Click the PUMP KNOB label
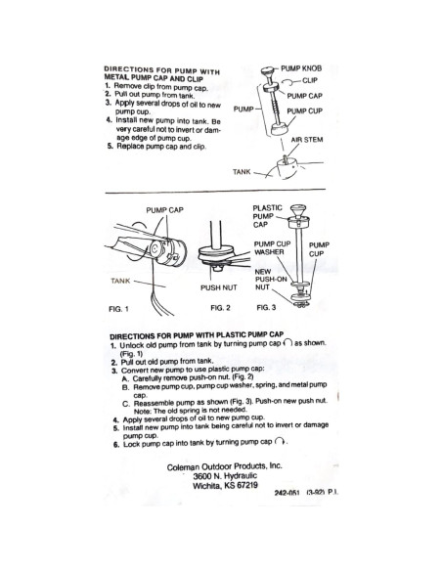click(x=301, y=68)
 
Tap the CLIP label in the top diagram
click(x=309, y=80)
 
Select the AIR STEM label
click(x=306, y=140)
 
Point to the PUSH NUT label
click(x=218, y=287)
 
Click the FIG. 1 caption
click(x=118, y=309)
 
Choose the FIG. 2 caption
click(x=220, y=308)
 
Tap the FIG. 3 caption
click(x=266, y=307)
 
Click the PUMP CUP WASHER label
click(x=272, y=248)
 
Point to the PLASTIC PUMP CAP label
click(x=267, y=216)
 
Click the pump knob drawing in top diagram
click(x=268, y=70)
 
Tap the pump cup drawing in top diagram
click(x=280, y=129)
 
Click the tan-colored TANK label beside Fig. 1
click(x=120, y=281)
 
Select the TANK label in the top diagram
click(x=242, y=171)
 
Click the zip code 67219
click(x=246, y=485)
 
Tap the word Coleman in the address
click(x=183, y=466)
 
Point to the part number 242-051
click(x=287, y=493)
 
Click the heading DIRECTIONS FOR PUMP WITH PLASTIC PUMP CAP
click(x=197, y=335)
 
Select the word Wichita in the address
click(x=207, y=486)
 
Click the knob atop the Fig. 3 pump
click(x=298, y=209)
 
